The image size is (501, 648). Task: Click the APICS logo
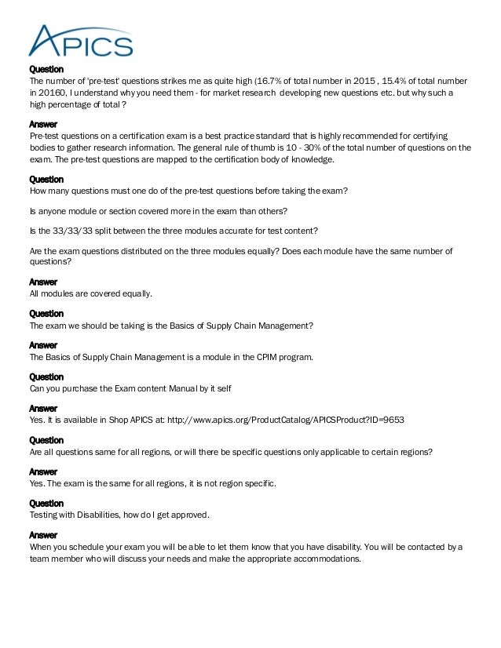point(79,40)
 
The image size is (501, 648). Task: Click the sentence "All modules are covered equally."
point(90,293)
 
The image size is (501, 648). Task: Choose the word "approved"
point(185,515)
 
